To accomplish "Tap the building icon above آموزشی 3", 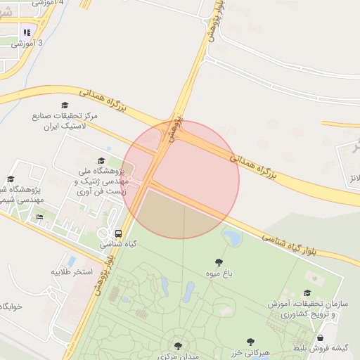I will [x=27, y=32].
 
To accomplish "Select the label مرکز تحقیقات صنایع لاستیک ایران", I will [x=65, y=120].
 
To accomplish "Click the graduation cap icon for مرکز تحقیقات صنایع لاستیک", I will [x=65, y=105].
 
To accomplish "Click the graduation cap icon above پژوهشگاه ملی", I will [x=101, y=160].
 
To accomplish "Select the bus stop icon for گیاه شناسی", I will [x=117, y=233].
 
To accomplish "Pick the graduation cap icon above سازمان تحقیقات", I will [x=307, y=293].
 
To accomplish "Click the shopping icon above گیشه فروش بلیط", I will [x=321, y=337].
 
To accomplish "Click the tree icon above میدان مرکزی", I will [x=178, y=346].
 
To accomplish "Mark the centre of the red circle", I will [x=181, y=180].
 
